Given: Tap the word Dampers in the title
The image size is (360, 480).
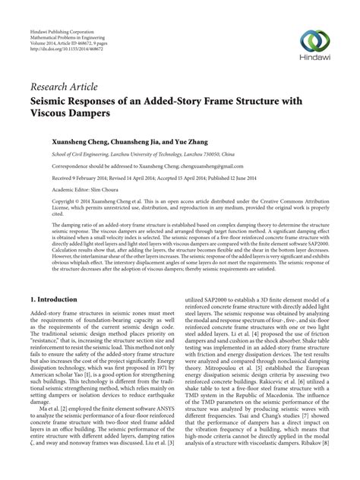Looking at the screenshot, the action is tap(90, 112).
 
